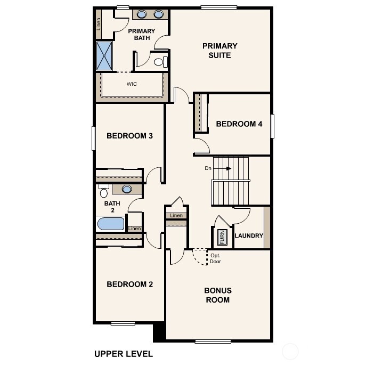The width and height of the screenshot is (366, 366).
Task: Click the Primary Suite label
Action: pyautogui.click(x=219, y=50)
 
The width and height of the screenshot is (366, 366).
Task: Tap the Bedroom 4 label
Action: pyautogui.click(x=239, y=124)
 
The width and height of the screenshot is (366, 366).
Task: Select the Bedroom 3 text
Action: pyautogui.click(x=129, y=136)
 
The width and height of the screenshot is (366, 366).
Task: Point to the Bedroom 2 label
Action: pyautogui.click(x=129, y=284)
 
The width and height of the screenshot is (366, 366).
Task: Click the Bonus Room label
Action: pyautogui.click(x=217, y=295)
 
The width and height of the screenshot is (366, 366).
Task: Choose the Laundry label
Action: pyautogui.click(x=249, y=235)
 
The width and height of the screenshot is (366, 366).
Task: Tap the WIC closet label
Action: pyautogui.click(x=132, y=84)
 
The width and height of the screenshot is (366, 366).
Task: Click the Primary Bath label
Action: pyautogui.click(x=141, y=35)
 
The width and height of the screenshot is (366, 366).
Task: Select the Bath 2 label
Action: pyautogui.click(x=112, y=207)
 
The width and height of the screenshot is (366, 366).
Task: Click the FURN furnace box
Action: pyautogui.click(x=222, y=237)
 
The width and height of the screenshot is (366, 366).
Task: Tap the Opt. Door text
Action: pyautogui.click(x=215, y=258)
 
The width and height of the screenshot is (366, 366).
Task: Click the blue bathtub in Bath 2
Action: pyautogui.click(x=111, y=223)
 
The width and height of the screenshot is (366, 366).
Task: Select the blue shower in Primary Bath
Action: pyautogui.click(x=104, y=55)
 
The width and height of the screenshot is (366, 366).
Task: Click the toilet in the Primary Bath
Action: pyautogui.click(x=159, y=62)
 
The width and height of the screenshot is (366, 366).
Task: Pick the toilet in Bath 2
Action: pyautogui.click(x=103, y=192)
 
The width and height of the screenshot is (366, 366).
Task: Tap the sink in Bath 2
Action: pyautogui.click(x=127, y=189)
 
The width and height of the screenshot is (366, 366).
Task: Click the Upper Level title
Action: pyautogui.click(x=124, y=353)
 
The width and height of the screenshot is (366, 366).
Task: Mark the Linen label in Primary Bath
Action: pyautogui.click(x=99, y=23)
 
